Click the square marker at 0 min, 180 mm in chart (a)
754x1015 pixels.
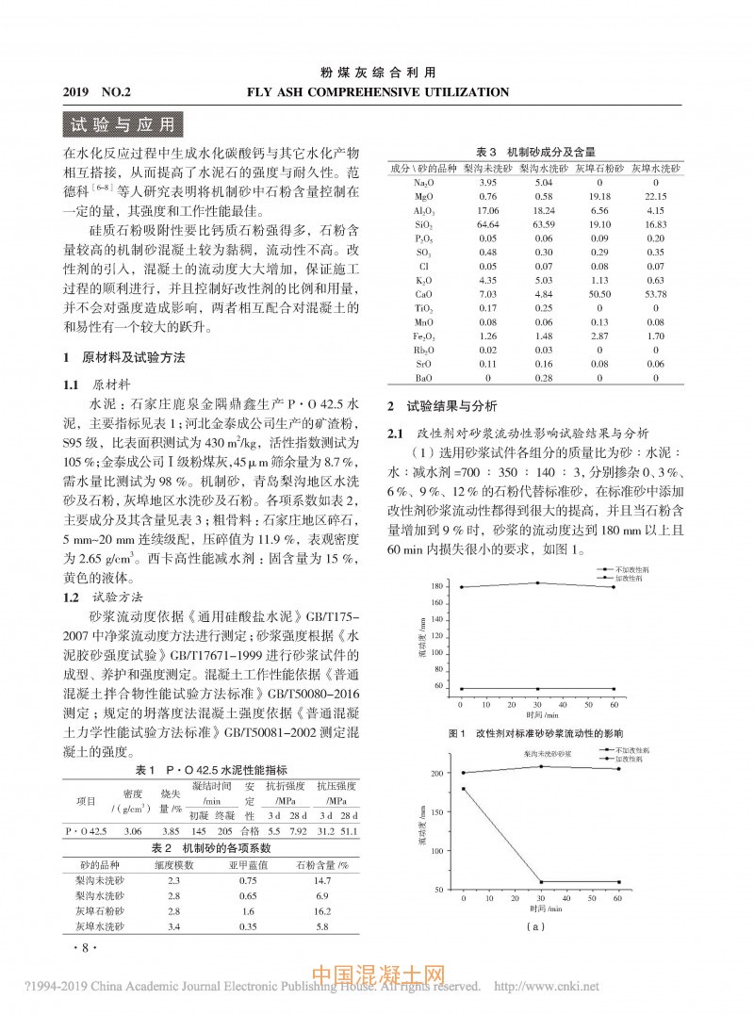pos(464,789)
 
